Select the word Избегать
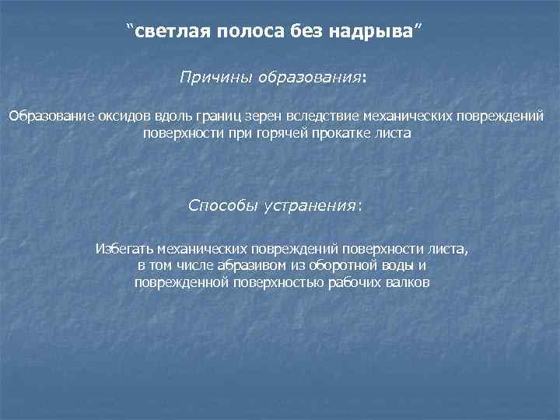[124, 249]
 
